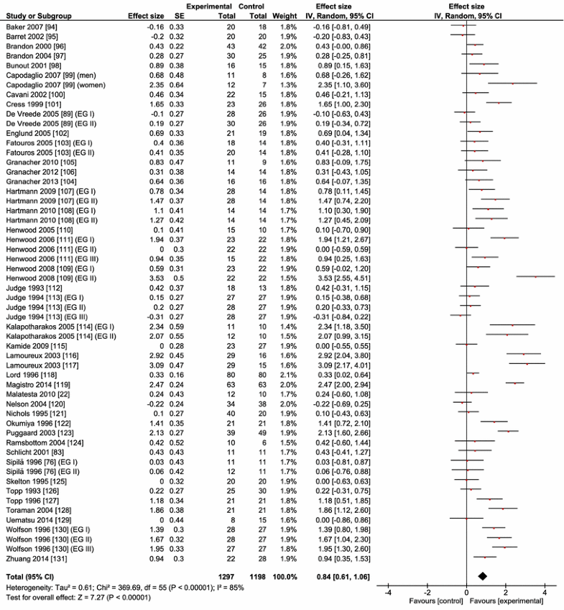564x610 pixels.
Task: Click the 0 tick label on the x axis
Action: pos(467,591)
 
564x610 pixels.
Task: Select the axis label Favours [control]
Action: pos(435,600)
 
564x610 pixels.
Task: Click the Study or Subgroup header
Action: pos(36,15)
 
